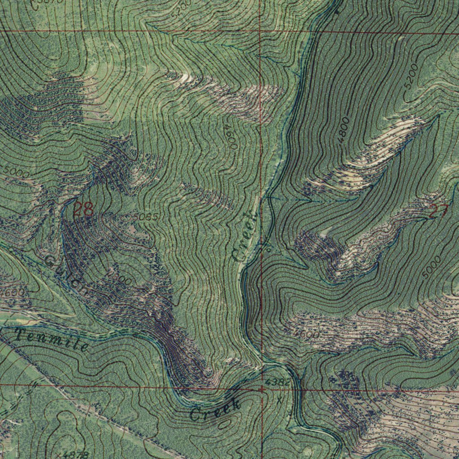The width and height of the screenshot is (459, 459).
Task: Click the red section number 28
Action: point(83,209)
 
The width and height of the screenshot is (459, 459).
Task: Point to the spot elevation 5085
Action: point(145,217)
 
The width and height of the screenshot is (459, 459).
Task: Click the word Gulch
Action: point(66,274)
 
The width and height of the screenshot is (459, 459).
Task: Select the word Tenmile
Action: point(52,340)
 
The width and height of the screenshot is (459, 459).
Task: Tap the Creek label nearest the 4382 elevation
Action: point(215,409)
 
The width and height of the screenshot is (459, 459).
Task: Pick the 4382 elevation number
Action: point(277,382)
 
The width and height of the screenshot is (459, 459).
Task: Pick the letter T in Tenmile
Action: point(20,334)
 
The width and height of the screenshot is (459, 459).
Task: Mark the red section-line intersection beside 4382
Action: point(261,390)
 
